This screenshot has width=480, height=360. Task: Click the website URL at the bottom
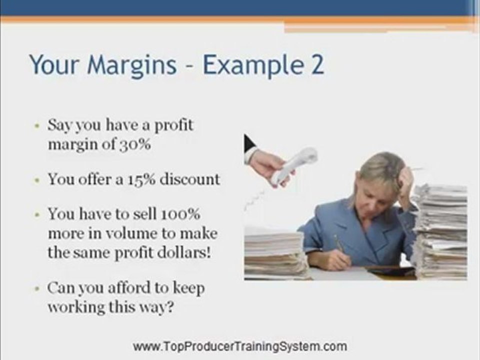click(x=240, y=346)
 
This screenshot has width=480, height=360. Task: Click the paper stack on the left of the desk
click(x=274, y=252)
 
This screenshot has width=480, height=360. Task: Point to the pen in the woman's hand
click(x=339, y=244)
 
